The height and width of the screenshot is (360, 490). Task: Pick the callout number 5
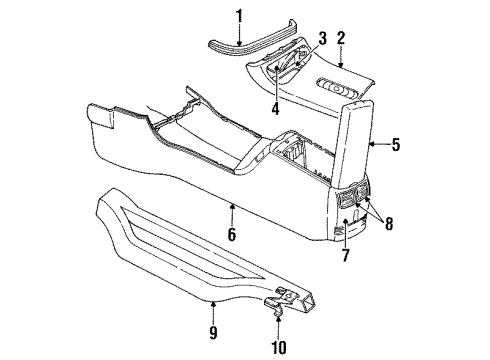(x=395, y=145)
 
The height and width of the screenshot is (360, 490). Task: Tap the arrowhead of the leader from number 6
(x=231, y=206)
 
